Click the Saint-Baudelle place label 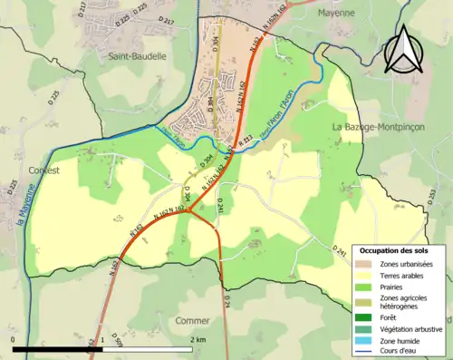[x=137, y=55]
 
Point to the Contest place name [x=43, y=170]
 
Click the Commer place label [x=192, y=320]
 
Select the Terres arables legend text [x=400, y=274]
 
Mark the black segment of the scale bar [x=58, y=348]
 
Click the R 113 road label [x=245, y=139]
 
